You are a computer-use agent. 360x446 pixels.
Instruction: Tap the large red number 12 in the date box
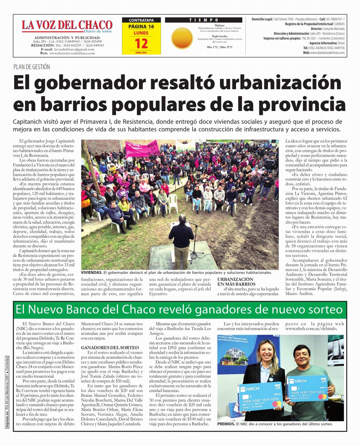(x=141, y=44)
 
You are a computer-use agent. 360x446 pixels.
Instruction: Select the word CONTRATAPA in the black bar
(x=141, y=20)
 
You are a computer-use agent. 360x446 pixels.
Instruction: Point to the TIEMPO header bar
(x=204, y=20)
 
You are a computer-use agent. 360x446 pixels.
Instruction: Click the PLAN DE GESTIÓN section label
(x=32, y=67)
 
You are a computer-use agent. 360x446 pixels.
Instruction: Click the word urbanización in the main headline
(x=280, y=83)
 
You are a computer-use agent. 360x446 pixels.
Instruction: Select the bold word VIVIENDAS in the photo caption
(x=91, y=273)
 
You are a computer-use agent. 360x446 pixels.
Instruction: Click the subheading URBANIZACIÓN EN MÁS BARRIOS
(x=236, y=281)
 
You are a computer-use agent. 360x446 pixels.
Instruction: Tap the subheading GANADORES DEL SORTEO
(x=110, y=348)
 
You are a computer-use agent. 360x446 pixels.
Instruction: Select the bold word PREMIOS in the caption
(x=226, y=424)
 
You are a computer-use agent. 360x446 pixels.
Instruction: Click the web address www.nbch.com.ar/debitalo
(x=311, y=329)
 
